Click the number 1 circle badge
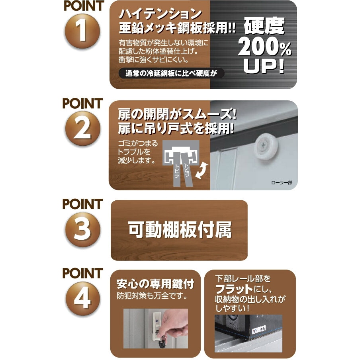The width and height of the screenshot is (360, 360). [x=83, y=31]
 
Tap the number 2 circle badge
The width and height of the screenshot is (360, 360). [x=83, y=128]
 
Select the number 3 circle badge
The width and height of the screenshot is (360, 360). [x=83, y=229]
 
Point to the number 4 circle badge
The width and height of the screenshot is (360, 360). [x=83, y=298]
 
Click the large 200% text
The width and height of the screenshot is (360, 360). [x=264, y=47]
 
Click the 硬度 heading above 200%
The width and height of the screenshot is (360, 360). [x=264, y=26]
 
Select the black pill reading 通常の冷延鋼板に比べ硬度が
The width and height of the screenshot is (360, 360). [x=171, y=73]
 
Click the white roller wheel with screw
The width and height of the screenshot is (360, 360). [x=266, y=147]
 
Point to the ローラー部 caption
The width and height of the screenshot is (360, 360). [x=282, y=183]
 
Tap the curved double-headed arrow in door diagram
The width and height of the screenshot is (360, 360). [x=202, y=171]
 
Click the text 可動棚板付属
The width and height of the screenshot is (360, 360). [x=180, y=230]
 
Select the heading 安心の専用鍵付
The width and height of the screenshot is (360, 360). [x=155, y=284]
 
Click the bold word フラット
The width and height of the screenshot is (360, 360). [x=234, y=289]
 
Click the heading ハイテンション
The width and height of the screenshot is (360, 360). [x=160, y=14]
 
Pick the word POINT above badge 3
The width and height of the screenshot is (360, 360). [x=83, y=204]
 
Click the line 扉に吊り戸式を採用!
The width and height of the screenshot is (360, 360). [x=176, y=128]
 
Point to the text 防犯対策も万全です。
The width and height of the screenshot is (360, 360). [x=152, y=296]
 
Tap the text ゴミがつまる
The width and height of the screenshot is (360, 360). [x=138, y=143]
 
